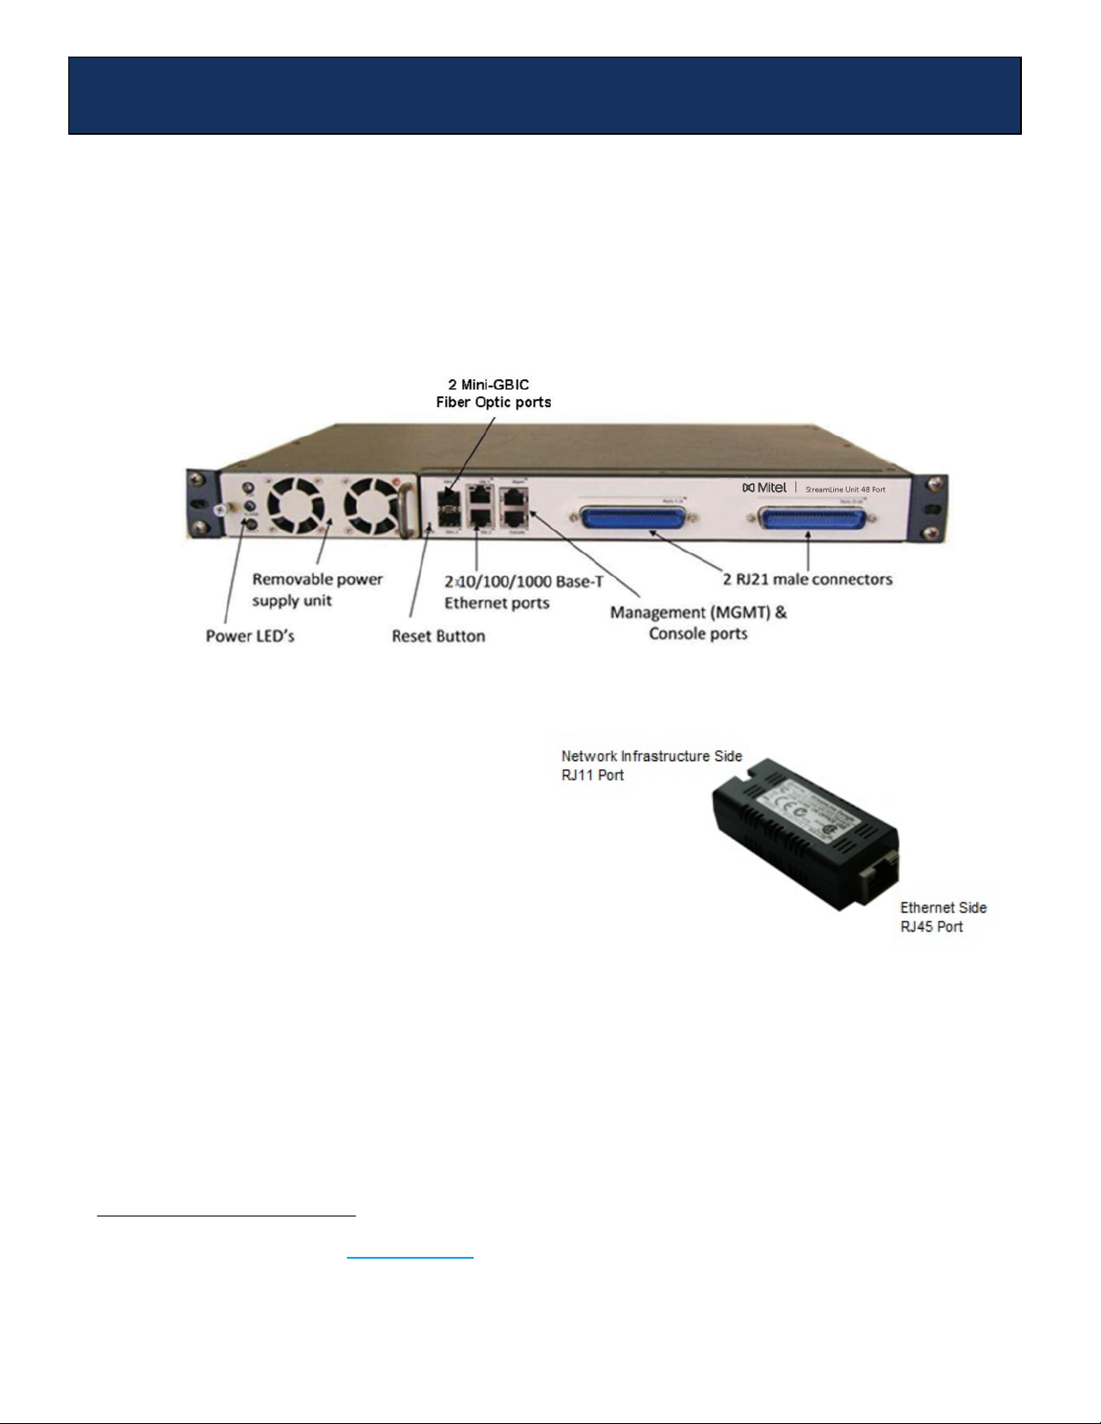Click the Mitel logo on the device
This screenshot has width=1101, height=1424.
tap(764, 488)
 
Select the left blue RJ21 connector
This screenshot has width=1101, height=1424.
tap(634, 518)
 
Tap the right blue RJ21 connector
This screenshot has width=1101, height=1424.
tap(812, 519)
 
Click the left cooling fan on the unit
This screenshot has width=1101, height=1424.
tap(294, 505)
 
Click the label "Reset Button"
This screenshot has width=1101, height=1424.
tap(438, 636)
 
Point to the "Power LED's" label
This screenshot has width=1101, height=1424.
tap(250, 636)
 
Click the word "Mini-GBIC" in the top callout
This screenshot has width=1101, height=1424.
tap(496, 385)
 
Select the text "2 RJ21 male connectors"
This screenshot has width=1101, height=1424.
tap(807, 579)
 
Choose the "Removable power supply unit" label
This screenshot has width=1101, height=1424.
tap(316, 590)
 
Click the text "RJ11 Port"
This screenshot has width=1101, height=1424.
tap(592, 775)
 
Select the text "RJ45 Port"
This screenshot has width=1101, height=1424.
tap(931, 926)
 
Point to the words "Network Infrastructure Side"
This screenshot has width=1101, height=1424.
tap(652, 756)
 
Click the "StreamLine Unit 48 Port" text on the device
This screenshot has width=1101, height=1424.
tap(845, 490)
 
